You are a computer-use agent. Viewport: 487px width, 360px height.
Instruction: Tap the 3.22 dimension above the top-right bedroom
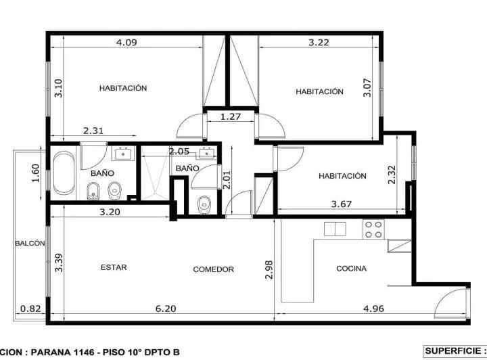pos(319,42)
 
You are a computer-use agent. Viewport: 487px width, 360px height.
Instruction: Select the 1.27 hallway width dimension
pos(231,116)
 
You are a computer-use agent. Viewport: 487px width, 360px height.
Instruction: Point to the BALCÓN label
pos(30,243)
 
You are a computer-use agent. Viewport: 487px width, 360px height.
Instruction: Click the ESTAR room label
pos(114,267)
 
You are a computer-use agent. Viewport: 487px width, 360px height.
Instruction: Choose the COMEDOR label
pos(213,269)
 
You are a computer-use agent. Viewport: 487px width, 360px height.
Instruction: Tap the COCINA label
pos(351,269)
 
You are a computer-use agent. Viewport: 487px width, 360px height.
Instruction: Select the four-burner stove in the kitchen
pos(373,229)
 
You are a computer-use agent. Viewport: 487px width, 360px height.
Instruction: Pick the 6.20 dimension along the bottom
pos(166,309)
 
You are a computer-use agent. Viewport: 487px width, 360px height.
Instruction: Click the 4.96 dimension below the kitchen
pos(373,309)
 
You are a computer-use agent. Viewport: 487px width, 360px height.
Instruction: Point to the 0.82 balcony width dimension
pos(30,309)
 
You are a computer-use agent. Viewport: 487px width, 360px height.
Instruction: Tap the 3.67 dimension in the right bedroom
pos(342,202)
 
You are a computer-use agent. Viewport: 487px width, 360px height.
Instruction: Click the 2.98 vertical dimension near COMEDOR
pos(269,270)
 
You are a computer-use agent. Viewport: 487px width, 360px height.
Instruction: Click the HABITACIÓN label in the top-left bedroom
pos(123,88)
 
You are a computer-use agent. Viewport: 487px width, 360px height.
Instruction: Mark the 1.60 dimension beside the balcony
pos(36,173)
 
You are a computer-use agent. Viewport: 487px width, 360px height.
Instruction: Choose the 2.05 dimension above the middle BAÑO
pos(179,152)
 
